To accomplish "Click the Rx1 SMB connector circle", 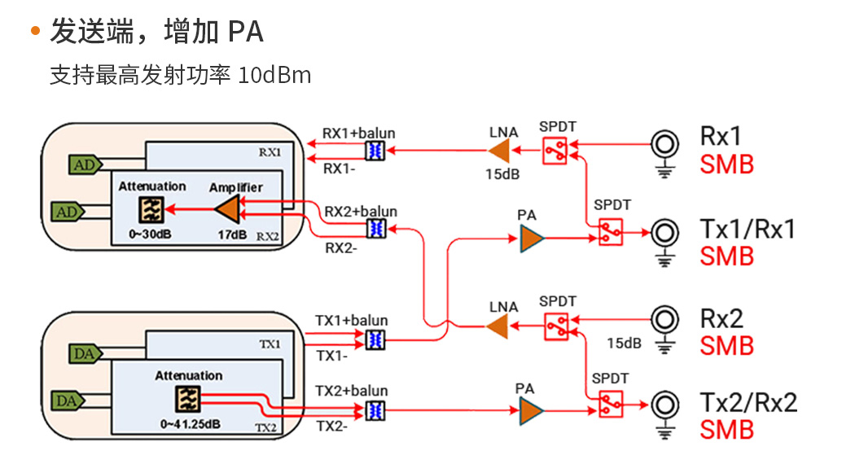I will coord(665,145).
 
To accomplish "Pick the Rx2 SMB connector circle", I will coord(665,318).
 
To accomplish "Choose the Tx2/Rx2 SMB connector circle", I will coord(665,405).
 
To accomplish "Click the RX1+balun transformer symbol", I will coord(375,150).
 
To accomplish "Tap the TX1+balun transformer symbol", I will coord(375,338).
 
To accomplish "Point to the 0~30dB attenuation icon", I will coord(151,210).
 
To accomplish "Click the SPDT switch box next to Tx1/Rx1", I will coord(611,231).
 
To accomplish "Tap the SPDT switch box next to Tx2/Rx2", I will coord(611,403).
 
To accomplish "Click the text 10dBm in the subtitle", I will coord(275,76).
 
